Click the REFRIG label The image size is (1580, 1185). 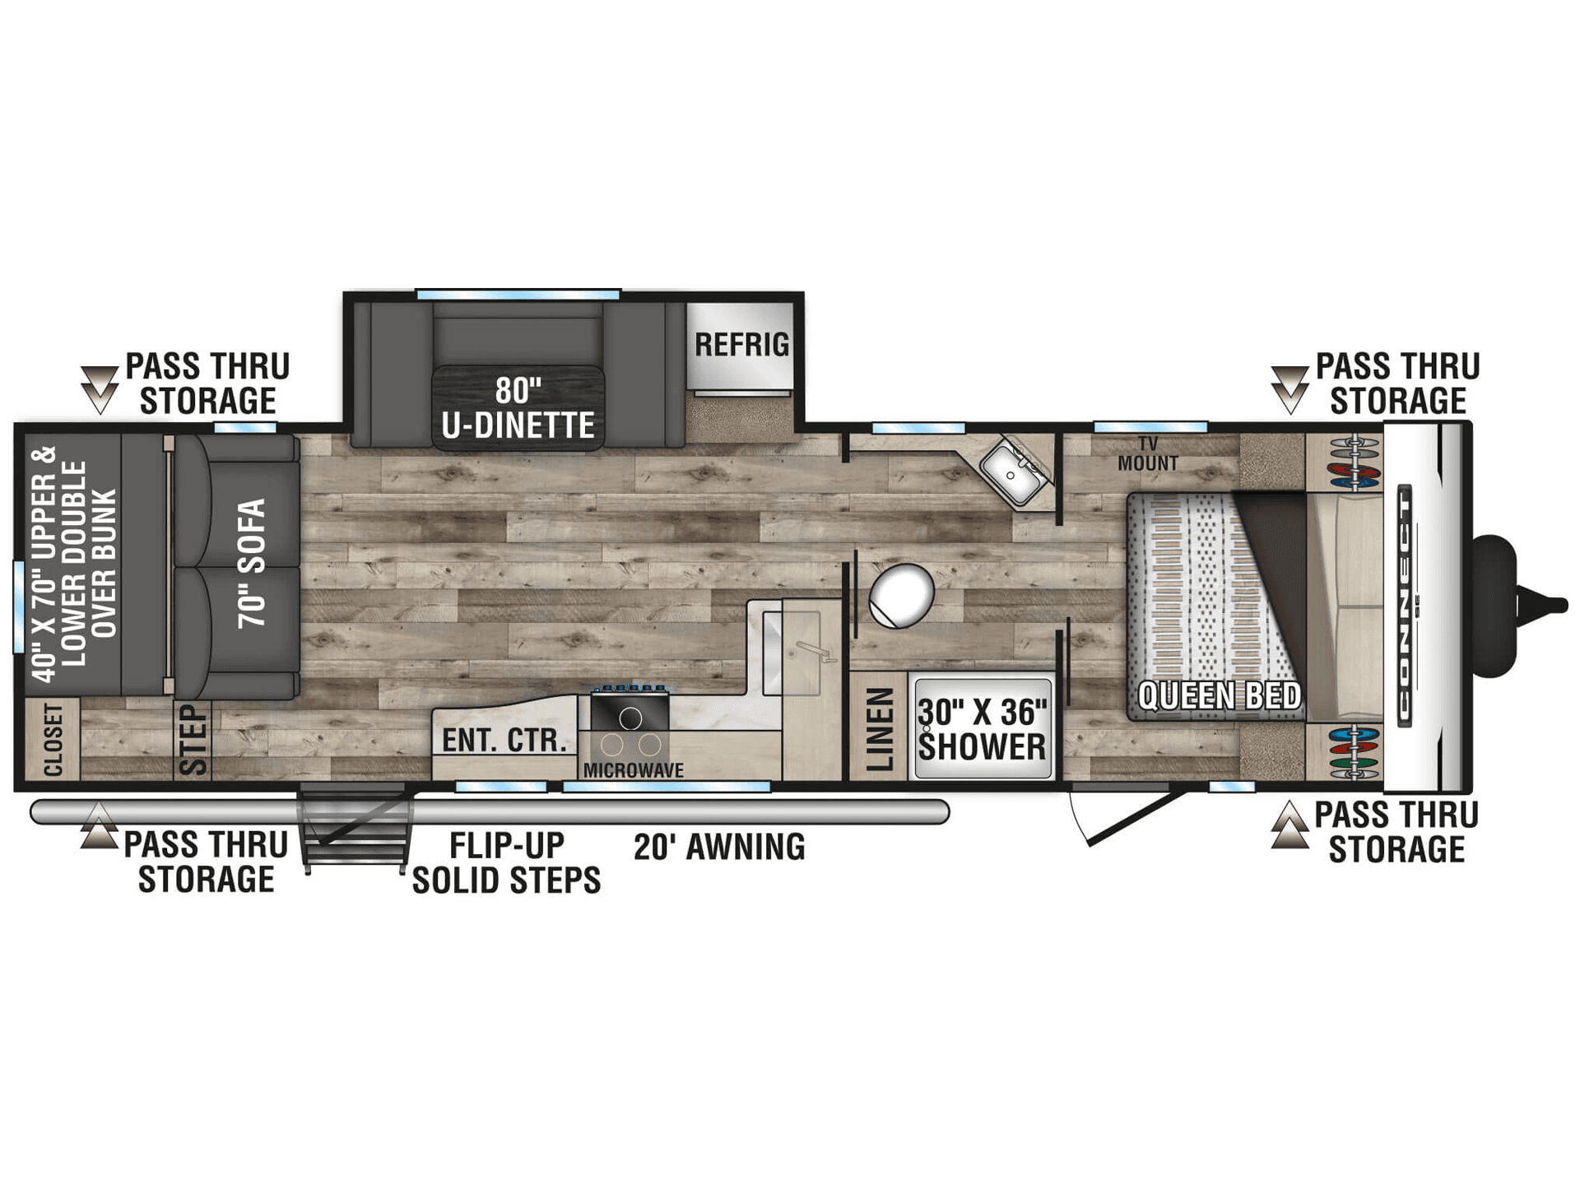pyautogui.click(x=741, y=345)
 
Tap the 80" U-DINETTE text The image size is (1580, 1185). pyautogui.click(x=518, y=409)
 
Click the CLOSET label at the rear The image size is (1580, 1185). pyautogui.click(x=53, y=739)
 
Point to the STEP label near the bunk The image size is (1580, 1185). pyautogui.click(x=193, y=739)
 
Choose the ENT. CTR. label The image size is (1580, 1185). pyautogui.click(x=504, y=741)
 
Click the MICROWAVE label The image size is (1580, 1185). pyautogui.click(x=634, y=770)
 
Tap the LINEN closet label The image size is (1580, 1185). pyautogui.click(x=880, y=729)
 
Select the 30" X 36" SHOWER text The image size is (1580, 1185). pyautogui.click(x=983, y=729)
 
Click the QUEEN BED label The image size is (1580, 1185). pyautogui.click(x=1220, y=696)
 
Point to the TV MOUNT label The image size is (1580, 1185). pyautogui.click(x=1148, y=454)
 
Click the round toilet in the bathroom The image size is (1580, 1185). pyautogui.click(x=901, y=595)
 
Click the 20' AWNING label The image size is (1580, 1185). pyautogui.click(x=719, y=847)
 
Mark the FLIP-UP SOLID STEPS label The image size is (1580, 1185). pyautogui.click(x=506, y=863)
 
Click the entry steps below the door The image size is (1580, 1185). pyautogui.click(x=355, y=827)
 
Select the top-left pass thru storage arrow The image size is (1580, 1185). pyautogui.click(x=100, y=389)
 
